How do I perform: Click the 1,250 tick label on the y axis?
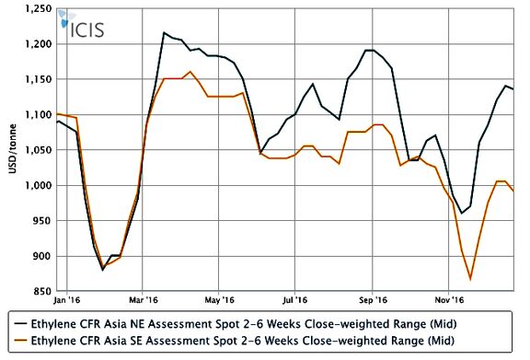point(39,8)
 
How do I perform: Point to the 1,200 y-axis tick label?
point(39,44)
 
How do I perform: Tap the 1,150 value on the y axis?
point(39,79)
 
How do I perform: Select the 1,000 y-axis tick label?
point(39,185)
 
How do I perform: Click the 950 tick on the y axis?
point(42,221)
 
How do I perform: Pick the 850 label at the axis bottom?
point(42,291)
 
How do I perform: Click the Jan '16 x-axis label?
point(66,300)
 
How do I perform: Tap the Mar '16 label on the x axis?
point(144,300)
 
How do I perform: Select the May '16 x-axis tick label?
point(219,300)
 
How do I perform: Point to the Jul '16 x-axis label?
point(295,300)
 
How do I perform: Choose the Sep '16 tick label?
point(374,300)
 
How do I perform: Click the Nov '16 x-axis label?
point(450,300)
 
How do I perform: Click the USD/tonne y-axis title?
point(13,149)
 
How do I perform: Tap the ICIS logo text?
point(86,29)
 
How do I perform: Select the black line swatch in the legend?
point(20,324)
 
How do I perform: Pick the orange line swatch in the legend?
point(20,341)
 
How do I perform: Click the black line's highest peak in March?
point(164,32)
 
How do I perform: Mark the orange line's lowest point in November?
point(470,280)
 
